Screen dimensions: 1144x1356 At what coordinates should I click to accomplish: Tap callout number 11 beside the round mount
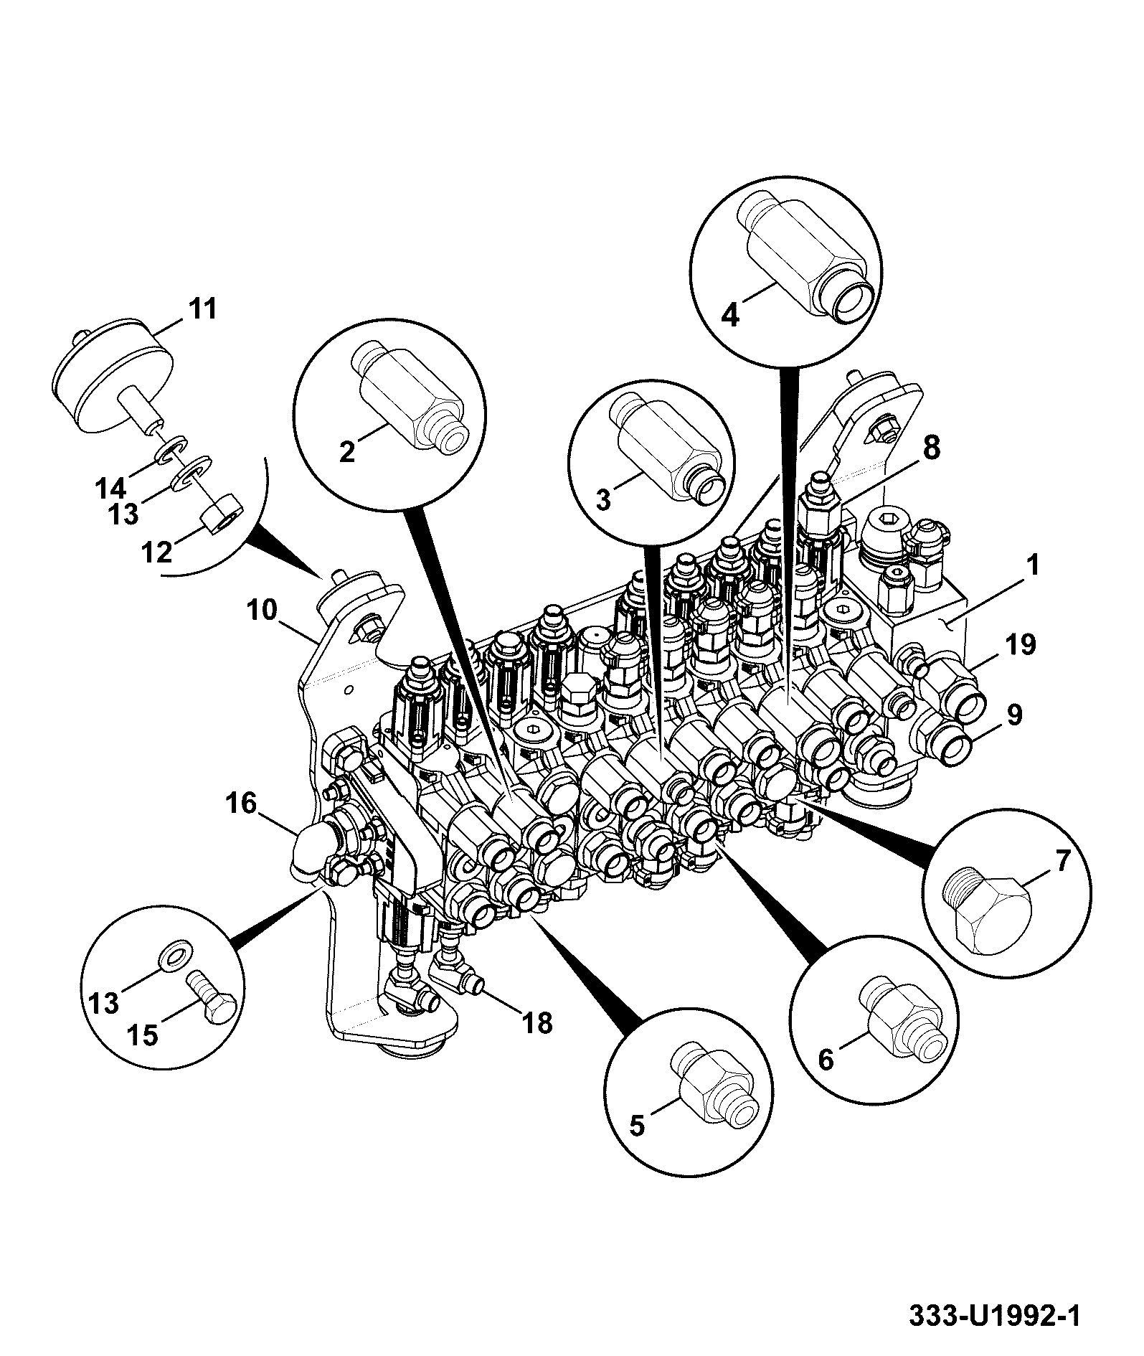tap(202, 310)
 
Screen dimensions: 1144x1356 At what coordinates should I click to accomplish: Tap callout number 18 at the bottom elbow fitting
tap(538, 1023)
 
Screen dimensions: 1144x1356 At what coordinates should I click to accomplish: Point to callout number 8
tap(930, 448)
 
